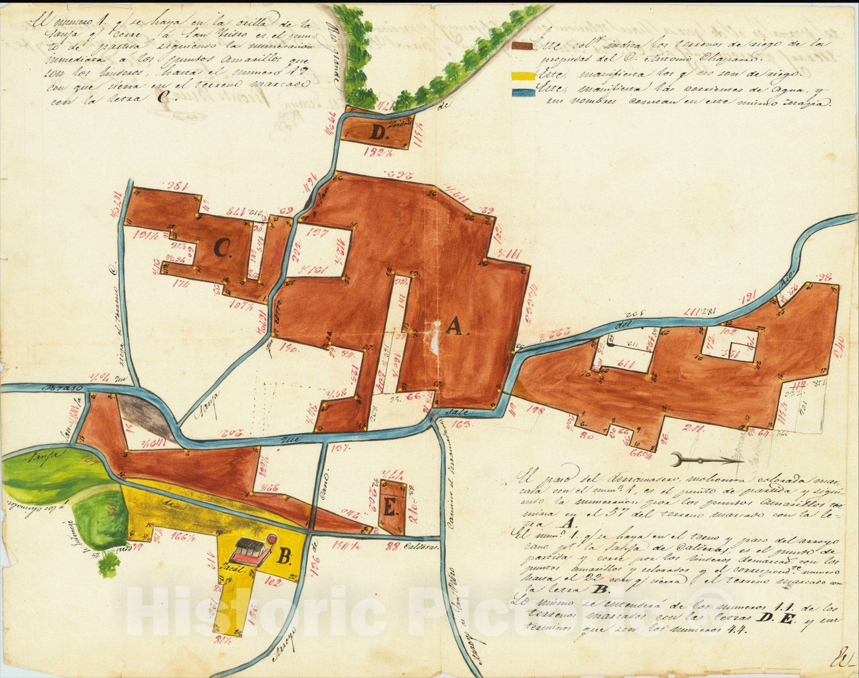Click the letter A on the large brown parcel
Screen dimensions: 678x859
[454, 325]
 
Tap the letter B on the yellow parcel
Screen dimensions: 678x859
[283, 558]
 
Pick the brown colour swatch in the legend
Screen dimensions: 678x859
[522, 46]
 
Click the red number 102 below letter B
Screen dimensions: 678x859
[273, 581]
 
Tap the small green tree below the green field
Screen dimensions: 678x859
[110, 564]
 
